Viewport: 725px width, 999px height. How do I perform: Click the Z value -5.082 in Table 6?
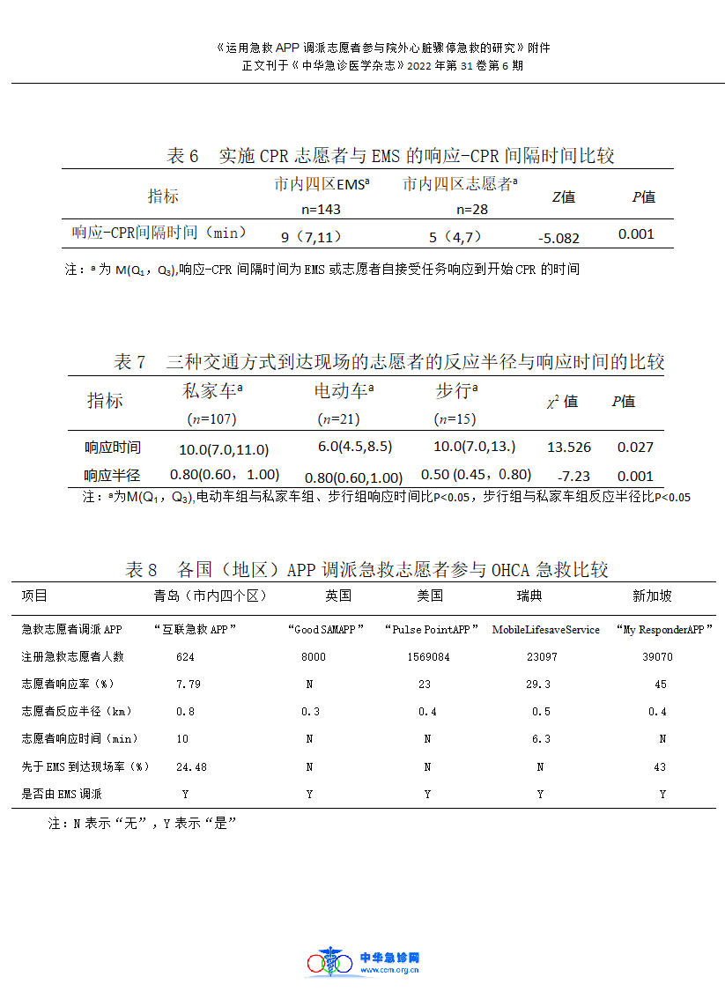(559, 238)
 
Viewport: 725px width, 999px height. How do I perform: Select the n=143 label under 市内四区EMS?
(321, 210)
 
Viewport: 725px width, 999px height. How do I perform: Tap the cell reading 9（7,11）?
(311, 237)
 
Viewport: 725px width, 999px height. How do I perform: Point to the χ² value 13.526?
(569, 448)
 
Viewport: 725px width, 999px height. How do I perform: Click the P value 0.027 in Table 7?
(635, 448)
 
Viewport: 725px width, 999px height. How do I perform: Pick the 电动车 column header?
(344, 391)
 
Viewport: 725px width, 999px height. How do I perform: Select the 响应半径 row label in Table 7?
(112, 476)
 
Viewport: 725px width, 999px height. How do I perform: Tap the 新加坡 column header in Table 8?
(652, 596)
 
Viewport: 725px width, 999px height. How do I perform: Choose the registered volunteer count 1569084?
(428, 657)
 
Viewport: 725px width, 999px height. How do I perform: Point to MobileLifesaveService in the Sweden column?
(545, 630)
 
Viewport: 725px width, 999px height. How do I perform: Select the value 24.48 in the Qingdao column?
(191, 767)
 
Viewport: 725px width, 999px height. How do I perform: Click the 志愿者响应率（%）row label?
(80, 684)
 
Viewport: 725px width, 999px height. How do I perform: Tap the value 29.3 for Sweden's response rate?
(541, 684)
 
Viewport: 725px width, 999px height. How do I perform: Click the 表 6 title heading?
(390, 157)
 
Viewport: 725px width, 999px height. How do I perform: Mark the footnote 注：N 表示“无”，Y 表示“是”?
(144, 824)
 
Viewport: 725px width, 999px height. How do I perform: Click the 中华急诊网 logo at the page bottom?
(363, 962)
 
